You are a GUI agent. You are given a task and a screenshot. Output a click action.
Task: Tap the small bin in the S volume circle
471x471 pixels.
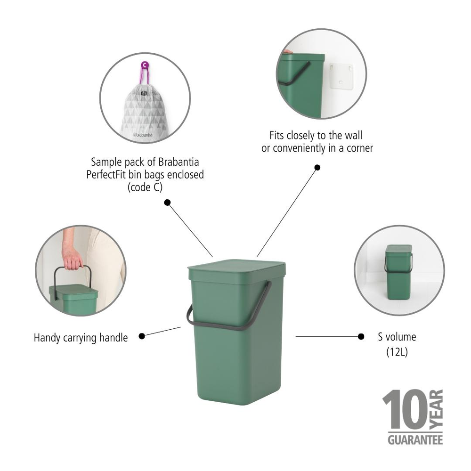tap(398, 272)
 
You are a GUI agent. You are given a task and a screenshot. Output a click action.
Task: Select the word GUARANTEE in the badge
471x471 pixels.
tap(415, 439)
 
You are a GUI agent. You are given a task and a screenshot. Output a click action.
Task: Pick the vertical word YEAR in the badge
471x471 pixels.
tap(438, 409)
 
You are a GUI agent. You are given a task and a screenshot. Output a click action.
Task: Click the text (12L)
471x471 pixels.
tap(397, 351)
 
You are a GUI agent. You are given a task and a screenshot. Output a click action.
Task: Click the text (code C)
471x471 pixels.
tap(145, 187)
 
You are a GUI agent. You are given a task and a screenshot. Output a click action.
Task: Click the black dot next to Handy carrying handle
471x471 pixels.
tap(142, 336)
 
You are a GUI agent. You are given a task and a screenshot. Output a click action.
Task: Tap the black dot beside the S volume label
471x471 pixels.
tap(361, 336)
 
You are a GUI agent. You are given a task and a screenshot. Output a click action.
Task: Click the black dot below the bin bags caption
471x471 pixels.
tap(167, 203)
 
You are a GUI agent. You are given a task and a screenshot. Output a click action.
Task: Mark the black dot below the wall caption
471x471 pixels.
tap(317, 167)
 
